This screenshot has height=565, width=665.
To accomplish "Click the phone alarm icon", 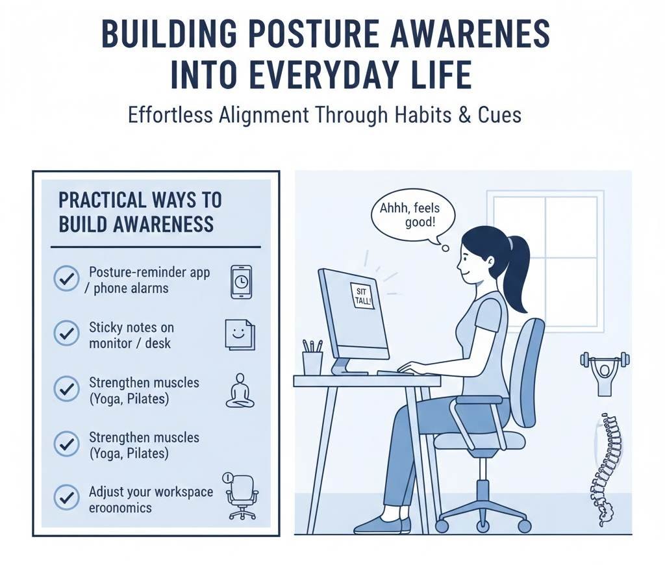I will click(x=241, y=282).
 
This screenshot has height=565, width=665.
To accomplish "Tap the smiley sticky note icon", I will click(x=239, y=334).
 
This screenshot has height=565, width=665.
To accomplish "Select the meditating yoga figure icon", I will click(x=240, y=390).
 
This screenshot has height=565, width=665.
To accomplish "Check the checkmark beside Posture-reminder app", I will click(x=66, y=280).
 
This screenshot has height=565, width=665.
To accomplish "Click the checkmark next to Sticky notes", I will click(x=66, y=334).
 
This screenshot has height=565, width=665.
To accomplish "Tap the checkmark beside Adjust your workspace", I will click(x=66, y=499).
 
